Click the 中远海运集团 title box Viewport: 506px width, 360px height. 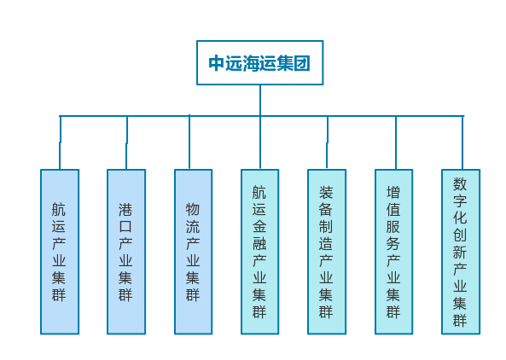pos(259,62)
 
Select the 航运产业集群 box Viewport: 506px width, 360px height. pos(60,252)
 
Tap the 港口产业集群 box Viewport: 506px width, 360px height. pos(126,252)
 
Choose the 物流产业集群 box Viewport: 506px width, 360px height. pos(194,252)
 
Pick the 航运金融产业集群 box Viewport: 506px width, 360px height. pos(259,252)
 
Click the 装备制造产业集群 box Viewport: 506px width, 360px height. pos(327,252)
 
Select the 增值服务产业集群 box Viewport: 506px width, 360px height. pos(393,252)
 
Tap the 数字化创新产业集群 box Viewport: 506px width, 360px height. pos(461,252)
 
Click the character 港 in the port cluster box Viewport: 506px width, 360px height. pos(125,210)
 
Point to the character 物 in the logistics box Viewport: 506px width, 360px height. pos(193,210)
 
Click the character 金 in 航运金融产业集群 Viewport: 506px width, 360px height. pos(259,226)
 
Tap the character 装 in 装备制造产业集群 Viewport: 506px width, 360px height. pos(326,193)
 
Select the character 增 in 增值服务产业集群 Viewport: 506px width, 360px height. pos(393,193)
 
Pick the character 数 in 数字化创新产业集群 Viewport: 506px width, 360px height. pos(460,184)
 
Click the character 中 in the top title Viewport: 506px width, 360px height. pos(216,63)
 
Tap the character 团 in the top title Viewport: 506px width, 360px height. pos(302,63)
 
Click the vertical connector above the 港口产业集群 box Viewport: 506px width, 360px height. pos(126,142)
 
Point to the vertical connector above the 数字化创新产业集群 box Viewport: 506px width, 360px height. pos(462,142)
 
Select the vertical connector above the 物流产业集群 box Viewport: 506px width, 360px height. pos(189,142)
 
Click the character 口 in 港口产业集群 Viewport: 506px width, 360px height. pos(125,226)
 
